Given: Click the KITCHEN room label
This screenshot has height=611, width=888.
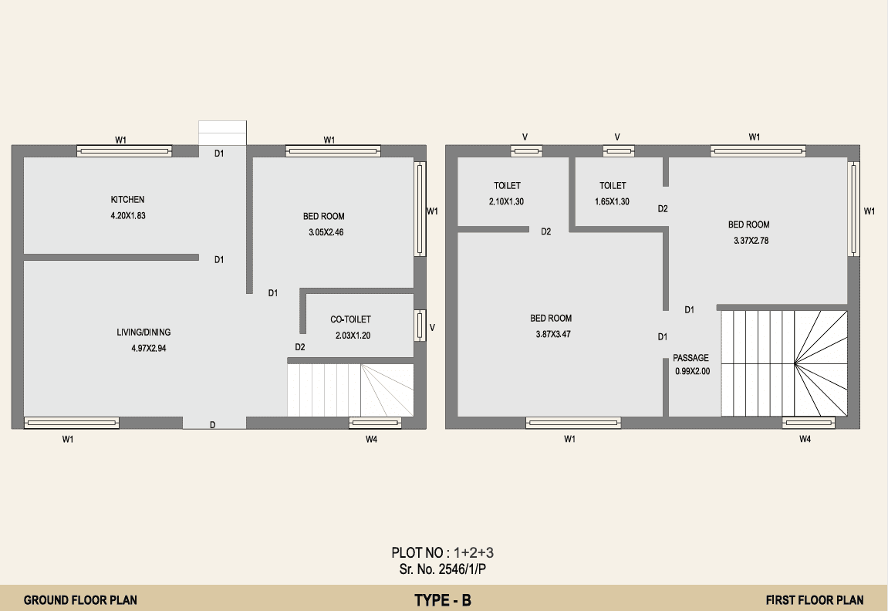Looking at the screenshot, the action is pos(127,199).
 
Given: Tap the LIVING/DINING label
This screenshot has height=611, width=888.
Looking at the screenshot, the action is pos(143,333).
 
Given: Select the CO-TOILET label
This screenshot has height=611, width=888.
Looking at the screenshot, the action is pos(350,319).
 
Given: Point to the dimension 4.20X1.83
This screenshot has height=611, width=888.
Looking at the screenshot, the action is pos(128,216).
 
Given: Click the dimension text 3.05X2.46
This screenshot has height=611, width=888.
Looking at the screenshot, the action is pos(326,232).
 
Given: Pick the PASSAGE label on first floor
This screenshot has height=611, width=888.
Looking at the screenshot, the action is pos(691,358).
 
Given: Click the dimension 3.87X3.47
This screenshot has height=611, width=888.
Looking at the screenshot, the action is pos(553,334).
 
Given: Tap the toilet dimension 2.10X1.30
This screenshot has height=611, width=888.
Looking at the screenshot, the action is pos(506,201).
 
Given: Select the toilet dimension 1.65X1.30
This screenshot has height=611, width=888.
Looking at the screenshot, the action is pos(612,201).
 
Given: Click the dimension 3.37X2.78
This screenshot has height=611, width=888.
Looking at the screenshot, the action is pos(751,241).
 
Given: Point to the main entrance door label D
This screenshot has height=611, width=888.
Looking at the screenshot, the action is pos(212,425).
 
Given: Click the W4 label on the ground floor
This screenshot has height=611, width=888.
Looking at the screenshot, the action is pos(372,439).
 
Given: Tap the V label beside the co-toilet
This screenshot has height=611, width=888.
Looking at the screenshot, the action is pos(432,327).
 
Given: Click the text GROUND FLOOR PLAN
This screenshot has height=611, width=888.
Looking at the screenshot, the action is pos(80,599).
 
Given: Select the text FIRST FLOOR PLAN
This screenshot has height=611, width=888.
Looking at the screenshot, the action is pos(815,599).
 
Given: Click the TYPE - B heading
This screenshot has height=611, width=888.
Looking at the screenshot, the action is pos(443,600).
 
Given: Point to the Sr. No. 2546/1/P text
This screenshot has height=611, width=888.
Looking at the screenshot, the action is pos(442,569).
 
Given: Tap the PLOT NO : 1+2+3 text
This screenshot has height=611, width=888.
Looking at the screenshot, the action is pos(442,552).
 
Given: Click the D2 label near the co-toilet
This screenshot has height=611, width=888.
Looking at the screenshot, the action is pos(300,347).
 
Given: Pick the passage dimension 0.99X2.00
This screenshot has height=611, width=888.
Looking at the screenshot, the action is pos(692,372).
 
